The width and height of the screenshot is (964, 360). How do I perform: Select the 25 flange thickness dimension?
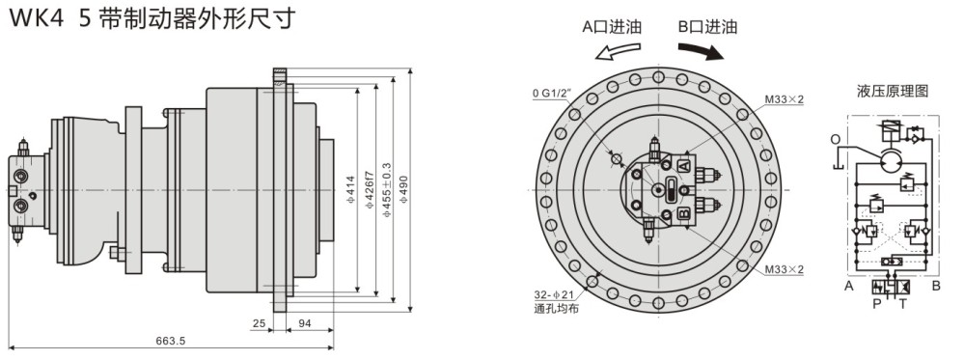click(259, 323)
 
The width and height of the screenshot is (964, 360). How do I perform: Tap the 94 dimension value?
click(303, 323)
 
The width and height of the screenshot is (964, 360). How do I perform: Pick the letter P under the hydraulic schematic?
click(875, 303)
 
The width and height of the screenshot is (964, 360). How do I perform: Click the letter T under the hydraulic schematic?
click(902, 303)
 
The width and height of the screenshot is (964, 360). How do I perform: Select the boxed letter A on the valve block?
click(683, 166)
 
